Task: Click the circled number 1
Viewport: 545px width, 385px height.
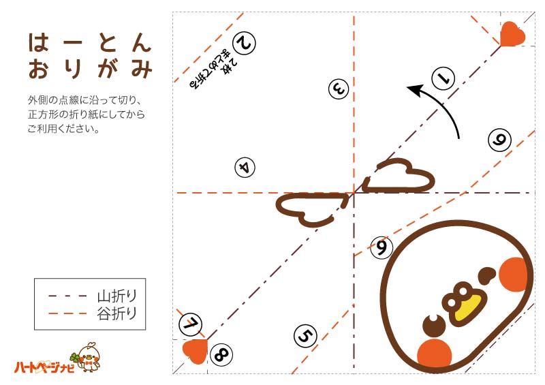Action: [443, 78]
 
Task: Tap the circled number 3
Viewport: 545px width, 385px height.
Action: [339, 88]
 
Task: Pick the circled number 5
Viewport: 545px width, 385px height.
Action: [306, 335]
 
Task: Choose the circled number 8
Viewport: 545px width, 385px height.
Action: [221, 354]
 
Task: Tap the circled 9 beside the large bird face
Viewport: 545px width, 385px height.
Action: [381, 247]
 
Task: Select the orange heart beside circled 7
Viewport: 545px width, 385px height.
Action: [195, 350]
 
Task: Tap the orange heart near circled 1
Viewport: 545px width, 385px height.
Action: [512, 33]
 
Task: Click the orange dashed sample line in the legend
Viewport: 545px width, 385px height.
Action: [68, 313]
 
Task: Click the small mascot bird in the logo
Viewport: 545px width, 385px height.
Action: [89, 357]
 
